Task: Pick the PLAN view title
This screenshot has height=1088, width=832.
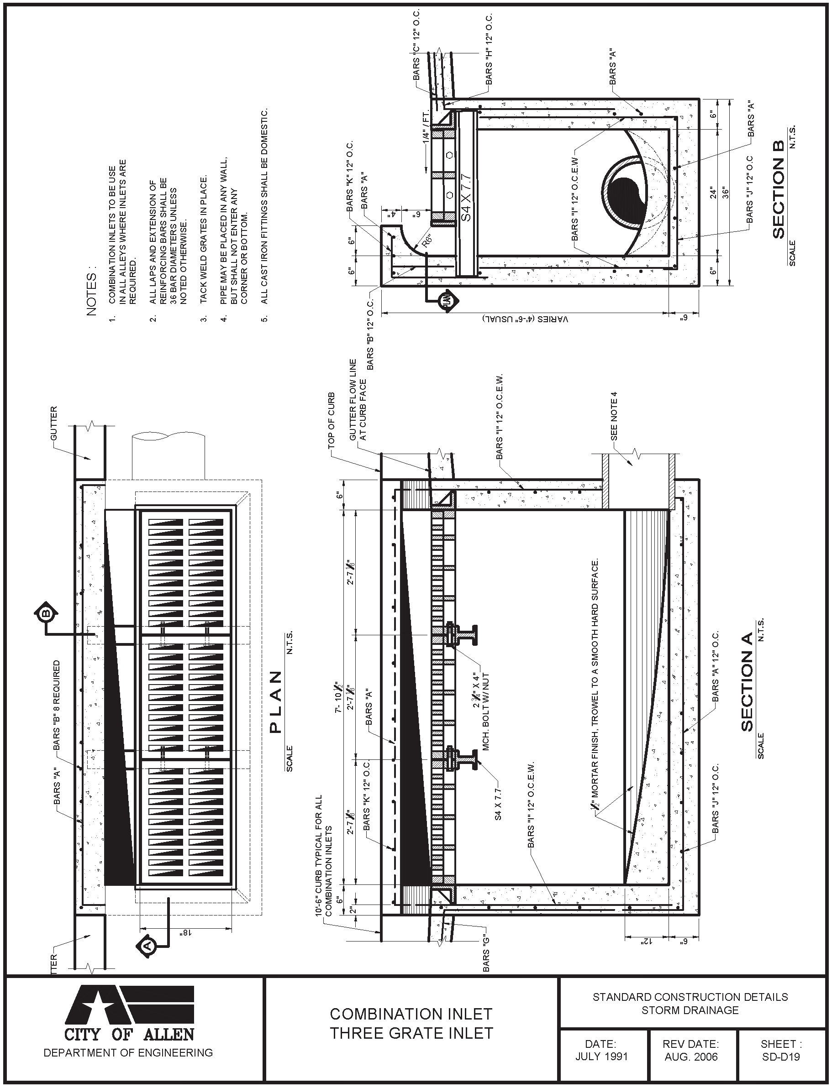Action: coord(275,702)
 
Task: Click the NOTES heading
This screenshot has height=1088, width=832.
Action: coord(92,293)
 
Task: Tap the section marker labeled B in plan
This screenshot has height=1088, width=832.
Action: coord(46,614)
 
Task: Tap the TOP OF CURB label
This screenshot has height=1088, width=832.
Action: coord(332,420)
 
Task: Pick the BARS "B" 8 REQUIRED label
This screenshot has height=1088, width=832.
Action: coord(57,703)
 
